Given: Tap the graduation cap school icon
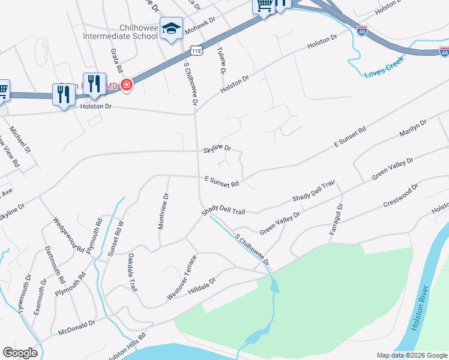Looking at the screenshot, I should click(x=171, y=29).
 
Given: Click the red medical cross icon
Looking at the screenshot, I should click(x=126, y=85).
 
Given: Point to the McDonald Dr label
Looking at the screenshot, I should click(x=76, y=327).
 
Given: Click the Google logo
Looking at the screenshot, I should click(x=20, y=353).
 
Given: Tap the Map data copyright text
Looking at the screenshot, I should click(x=411, y=355).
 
